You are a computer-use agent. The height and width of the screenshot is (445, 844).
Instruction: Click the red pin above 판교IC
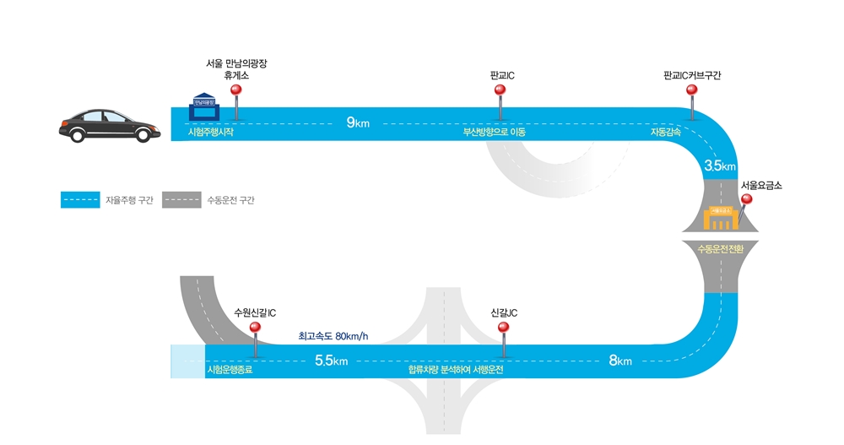point(500,91)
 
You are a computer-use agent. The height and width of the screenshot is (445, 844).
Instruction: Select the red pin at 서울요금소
point(746,200)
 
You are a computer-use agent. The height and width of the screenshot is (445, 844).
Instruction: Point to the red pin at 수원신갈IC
point(254,328)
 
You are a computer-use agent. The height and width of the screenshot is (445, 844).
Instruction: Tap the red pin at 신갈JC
point(503,328)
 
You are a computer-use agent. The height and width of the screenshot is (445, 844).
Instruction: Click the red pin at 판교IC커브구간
point(692,91)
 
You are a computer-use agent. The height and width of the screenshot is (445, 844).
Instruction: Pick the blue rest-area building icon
point(204,106)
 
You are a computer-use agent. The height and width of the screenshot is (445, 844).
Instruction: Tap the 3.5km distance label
point(720,166)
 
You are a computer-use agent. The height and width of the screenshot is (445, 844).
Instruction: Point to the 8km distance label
point(619,361)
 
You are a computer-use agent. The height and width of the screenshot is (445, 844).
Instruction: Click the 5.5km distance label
point(331,361)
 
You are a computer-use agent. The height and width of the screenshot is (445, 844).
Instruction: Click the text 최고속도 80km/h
point(333,336)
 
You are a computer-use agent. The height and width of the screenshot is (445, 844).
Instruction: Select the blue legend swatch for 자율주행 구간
point(80,200)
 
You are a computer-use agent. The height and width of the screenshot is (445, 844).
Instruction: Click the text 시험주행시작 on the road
point(211,133)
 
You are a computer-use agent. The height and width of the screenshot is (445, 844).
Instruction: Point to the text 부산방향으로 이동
point(494,133)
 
